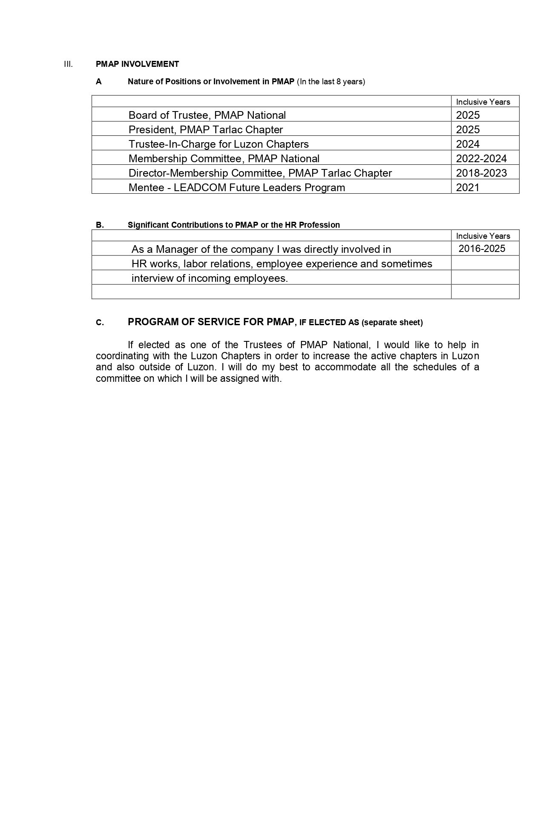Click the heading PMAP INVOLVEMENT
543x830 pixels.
point(137,64)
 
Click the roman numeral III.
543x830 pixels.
point(68,64)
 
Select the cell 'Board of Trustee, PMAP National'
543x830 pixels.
point(207,115)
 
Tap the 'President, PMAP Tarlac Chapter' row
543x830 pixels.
point(205,129)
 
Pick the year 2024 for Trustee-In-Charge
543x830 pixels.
point(468,144)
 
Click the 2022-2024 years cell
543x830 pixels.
point(481,158)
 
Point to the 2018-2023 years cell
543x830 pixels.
point(481,173)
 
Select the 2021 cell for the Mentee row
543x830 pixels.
point(468,187)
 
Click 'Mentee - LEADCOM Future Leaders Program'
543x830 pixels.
point(236,187)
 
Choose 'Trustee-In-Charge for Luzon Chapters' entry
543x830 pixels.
point(218,144)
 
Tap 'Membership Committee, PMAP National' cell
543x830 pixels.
point(224,158)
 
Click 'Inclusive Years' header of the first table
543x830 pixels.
point(483,102)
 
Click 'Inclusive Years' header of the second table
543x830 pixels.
point(483,236)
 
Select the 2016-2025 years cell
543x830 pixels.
point(482,249)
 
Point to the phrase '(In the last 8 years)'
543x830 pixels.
point(331,82)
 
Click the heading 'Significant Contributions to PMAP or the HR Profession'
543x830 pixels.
point(233,225)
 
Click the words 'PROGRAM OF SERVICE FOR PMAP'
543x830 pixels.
point(211,322)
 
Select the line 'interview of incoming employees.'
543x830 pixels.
point(210,278)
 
